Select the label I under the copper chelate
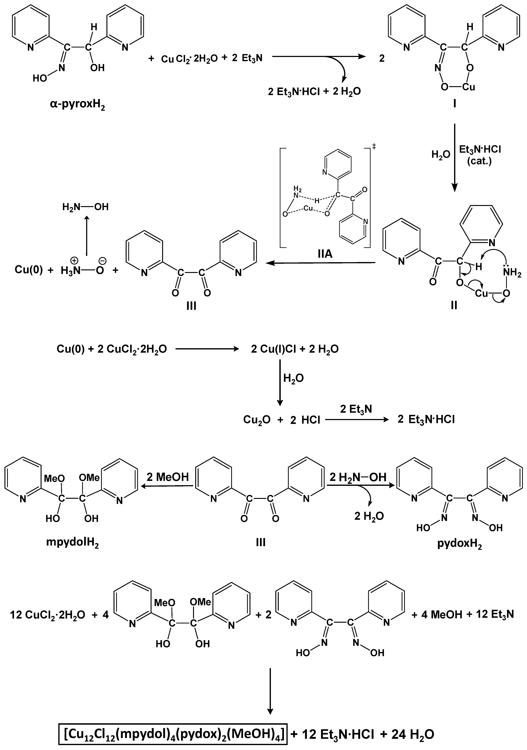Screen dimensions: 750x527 [455, 104]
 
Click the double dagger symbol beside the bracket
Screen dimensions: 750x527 [374, 147]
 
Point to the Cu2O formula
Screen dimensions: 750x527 [257, 419]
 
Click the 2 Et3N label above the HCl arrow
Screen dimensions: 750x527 [356, 409]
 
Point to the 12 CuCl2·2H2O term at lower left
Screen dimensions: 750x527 [48, 615]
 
